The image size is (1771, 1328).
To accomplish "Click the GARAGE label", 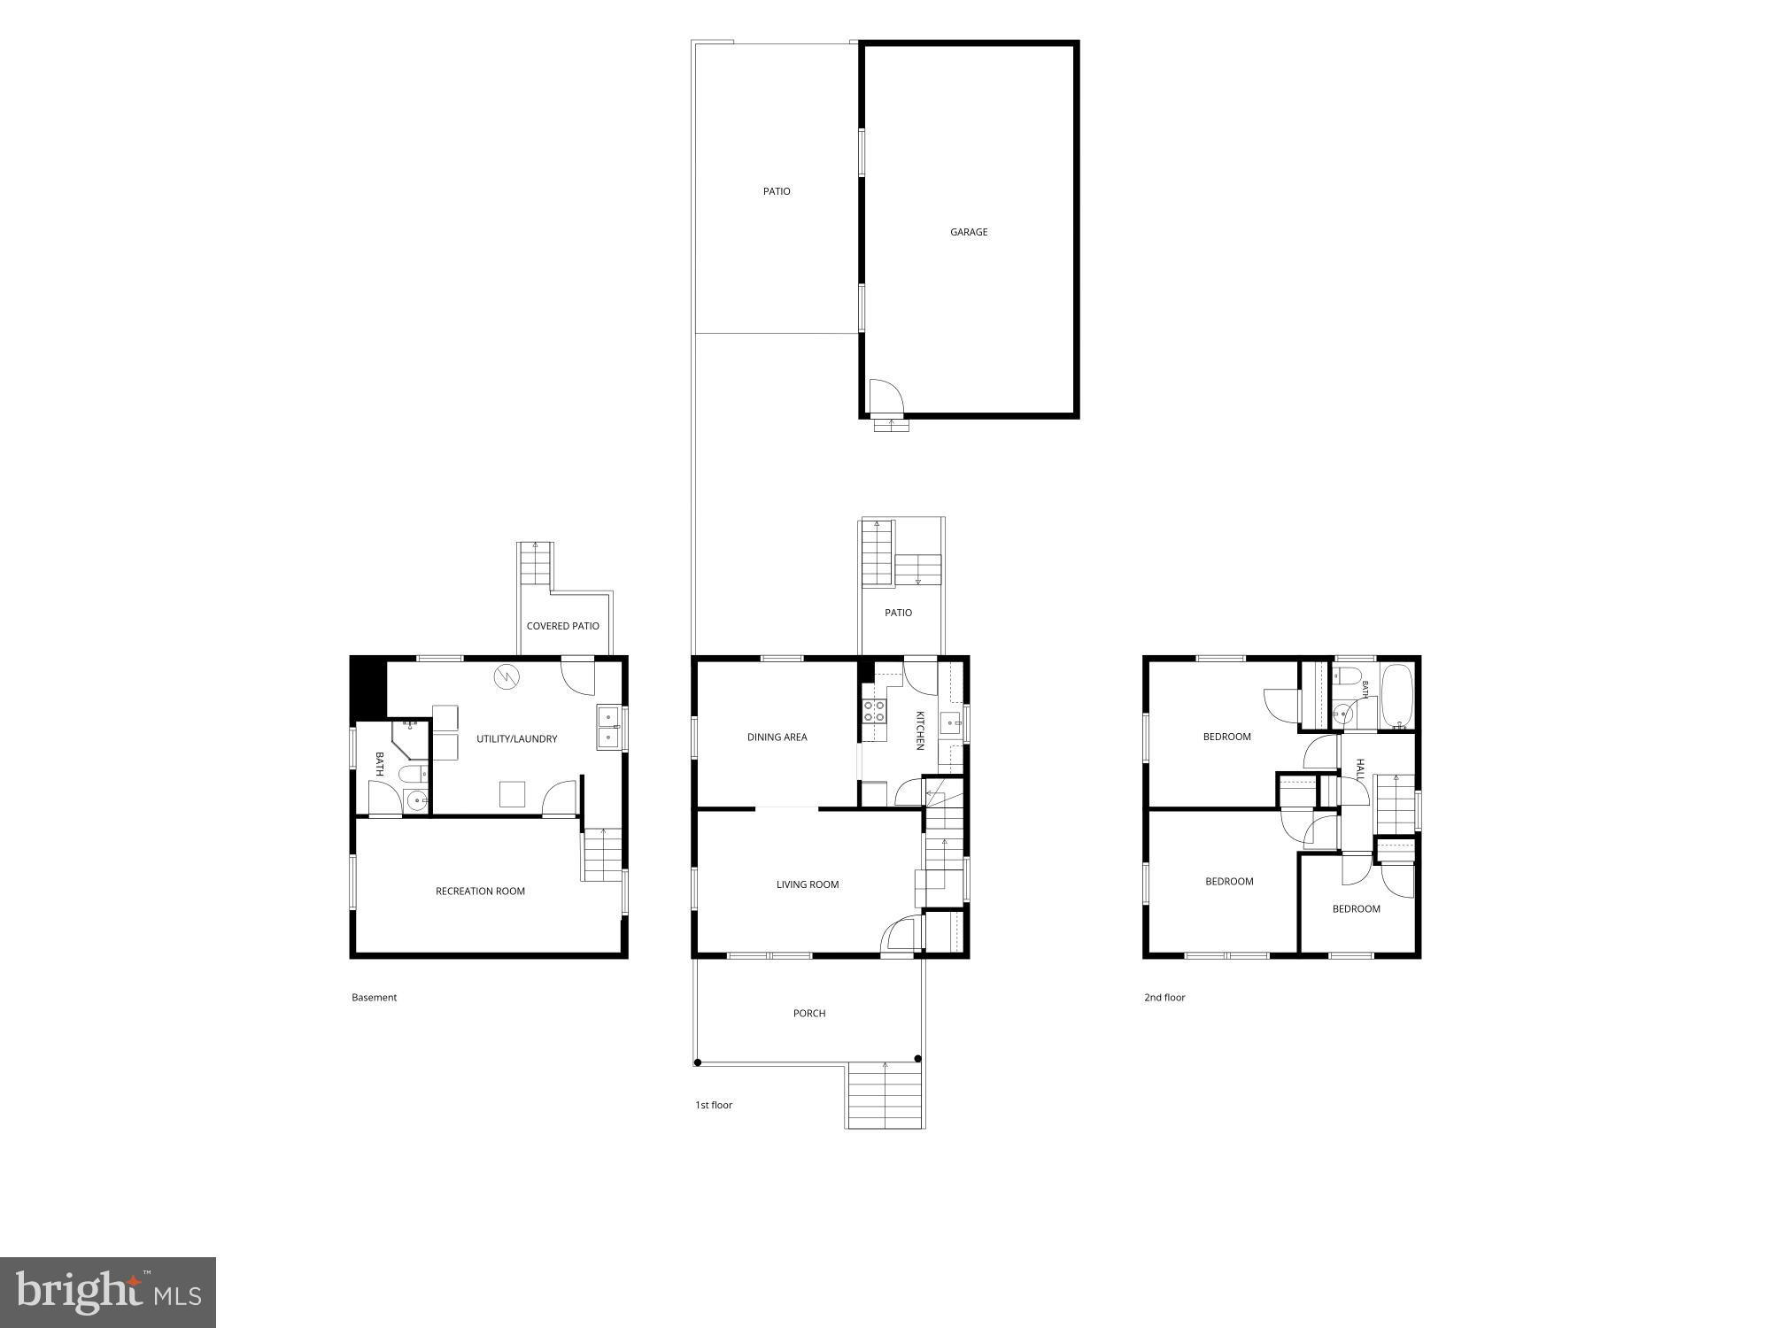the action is click(969, 232).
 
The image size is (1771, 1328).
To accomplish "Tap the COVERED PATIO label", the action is click(563, 626).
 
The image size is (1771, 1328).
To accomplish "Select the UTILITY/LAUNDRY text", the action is click(517, 738).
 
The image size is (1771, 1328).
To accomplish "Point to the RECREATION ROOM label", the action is click(480, 892).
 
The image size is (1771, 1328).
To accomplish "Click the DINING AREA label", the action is click(777, 737).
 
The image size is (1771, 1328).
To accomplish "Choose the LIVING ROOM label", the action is click(808, 884).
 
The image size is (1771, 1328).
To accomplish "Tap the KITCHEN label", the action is click(920, 730).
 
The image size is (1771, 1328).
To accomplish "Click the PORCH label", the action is click(809, 1014).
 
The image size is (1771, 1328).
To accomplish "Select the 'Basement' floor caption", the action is click(375, 998).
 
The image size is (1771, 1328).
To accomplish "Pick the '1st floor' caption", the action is click(714, 1105).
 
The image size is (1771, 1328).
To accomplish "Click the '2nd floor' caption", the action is click(1164, 998).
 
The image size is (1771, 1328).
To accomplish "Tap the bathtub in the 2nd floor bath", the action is click(1397, 697).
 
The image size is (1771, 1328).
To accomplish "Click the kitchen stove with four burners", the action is click(874, 711).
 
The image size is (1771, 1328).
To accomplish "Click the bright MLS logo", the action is click(108, 1293).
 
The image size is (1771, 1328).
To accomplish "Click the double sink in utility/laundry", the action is click(608, 727).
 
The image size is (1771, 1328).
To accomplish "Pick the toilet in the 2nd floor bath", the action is click(1348, 677).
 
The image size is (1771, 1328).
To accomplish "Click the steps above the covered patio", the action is click(535, 562).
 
